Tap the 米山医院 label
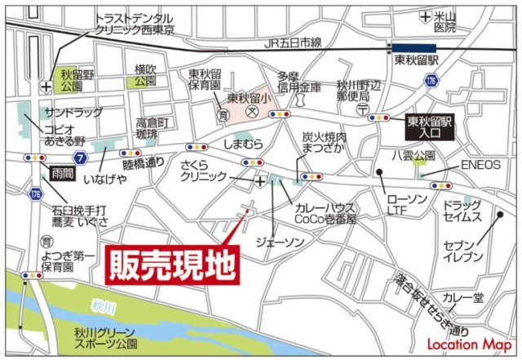click(445, 22)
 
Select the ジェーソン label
click(279, 242)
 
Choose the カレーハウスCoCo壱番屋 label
click(324, 213)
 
